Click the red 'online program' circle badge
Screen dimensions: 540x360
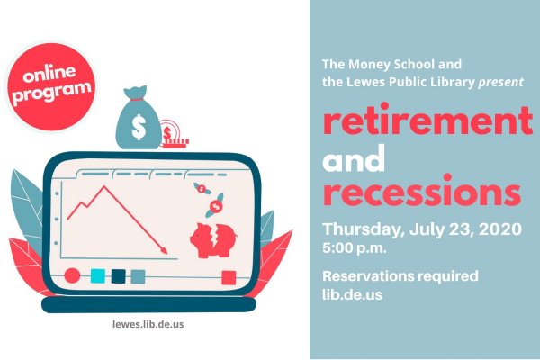tap(50, 86)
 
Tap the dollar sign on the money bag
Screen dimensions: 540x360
tap(139, 127)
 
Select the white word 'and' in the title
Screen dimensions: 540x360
tap(354, 158)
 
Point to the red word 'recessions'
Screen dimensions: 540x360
tap(422, 191)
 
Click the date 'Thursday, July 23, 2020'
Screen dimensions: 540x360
tap(422, 229)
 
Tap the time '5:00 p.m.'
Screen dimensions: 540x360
tap(355, 247)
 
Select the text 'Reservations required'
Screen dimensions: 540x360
tap(400, 276)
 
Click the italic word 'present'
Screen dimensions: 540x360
tap(501, 82)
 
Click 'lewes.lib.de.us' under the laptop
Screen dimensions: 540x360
tap(148, 324)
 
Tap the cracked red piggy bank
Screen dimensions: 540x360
tap(213, 240)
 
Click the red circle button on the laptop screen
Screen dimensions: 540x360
tap(72, 275)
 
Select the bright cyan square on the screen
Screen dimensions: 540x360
tap(97, 276)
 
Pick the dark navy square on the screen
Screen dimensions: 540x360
tap(118, 276)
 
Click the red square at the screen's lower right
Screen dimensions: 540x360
tap(229, 278)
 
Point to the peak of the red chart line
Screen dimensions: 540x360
tap(104, 186)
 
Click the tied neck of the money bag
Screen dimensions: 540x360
tap(137, 99)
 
